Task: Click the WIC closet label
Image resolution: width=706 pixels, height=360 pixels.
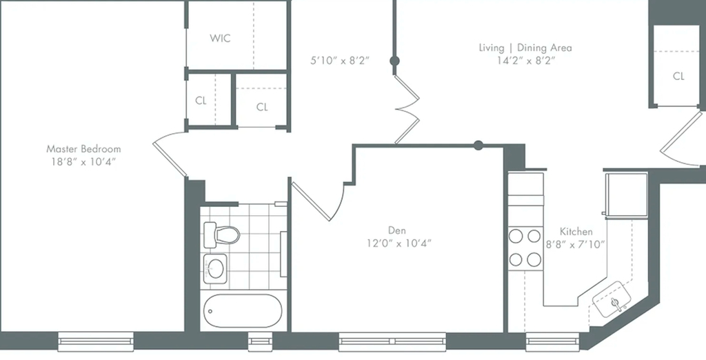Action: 220,39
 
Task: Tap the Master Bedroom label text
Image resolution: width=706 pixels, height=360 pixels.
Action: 83,149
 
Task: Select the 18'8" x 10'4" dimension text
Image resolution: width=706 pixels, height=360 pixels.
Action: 83,162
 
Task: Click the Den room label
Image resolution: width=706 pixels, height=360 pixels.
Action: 396,230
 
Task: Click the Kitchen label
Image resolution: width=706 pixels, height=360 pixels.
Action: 576,232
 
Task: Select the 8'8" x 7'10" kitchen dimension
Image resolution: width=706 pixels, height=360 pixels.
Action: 575,245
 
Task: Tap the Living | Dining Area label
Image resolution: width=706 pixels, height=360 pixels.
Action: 525,48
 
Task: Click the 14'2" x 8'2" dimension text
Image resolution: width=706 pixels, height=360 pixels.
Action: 525,61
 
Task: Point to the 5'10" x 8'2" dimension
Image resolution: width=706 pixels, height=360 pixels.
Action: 340,61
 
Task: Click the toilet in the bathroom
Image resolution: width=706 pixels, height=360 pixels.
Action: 221,234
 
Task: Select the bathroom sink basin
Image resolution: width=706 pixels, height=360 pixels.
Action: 215,269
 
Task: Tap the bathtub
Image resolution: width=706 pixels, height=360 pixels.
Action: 243,311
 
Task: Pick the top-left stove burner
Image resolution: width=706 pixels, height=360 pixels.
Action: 516,236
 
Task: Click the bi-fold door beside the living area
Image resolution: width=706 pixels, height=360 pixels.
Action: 407,109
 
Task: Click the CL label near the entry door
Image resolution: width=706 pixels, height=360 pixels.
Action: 678,76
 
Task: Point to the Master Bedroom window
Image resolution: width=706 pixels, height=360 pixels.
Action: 95,341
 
